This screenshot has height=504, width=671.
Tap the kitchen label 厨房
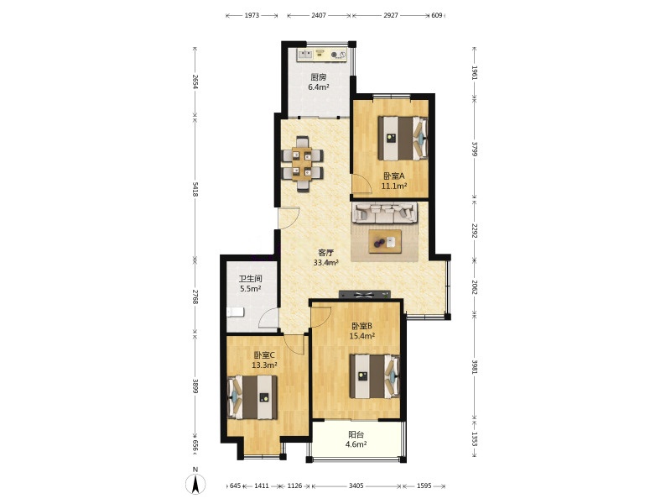(319, 77)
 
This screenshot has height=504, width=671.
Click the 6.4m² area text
(319, 87)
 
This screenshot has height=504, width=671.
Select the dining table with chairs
(303, 163)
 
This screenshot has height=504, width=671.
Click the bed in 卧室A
(403, 138)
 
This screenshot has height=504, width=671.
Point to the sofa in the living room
(385, 213)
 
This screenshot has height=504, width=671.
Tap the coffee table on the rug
(385, 241)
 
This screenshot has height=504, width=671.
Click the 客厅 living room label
(325, 253)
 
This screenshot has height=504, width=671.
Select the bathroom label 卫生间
(250, 279)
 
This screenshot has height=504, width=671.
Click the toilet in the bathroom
(235, 312)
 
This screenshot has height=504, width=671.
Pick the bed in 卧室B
(374, 375)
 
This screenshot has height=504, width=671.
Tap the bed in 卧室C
(252, 397)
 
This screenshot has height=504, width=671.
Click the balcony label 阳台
(356, 434)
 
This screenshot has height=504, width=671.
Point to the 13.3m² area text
(264, 365)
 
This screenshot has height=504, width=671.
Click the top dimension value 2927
(390, 15)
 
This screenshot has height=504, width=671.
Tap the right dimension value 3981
(474, 366)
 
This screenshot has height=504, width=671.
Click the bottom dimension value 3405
(356, 486)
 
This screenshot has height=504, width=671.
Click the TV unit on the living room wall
(365, 295)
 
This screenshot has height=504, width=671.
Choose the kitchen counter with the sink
(322, 55)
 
